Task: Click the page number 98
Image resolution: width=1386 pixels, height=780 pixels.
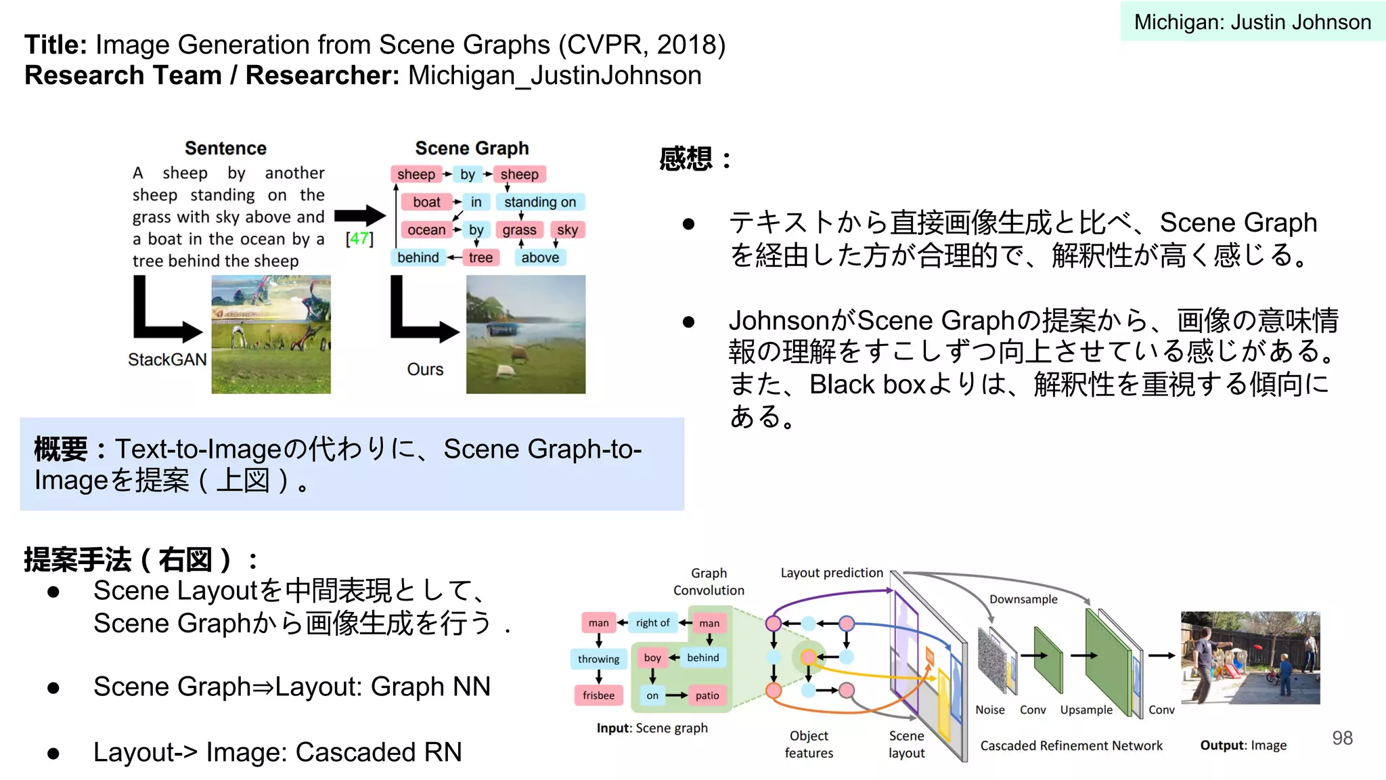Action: click(x=1342, y=738)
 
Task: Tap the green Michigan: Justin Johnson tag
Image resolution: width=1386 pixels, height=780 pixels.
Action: click(x=1252, y=22)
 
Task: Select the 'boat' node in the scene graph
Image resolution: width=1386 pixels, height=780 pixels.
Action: click(x=426, y=202)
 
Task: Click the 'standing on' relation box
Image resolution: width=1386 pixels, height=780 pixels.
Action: click(x=539, y=202)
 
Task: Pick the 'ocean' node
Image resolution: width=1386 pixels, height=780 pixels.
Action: click(x=426, y=230)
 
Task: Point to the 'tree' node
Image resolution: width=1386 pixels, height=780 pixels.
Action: click(x=480, y=258)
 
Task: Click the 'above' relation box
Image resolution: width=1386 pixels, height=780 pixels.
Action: click(x=540, y=258)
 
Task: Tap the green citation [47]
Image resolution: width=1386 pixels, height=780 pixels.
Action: click(x=359, y=238)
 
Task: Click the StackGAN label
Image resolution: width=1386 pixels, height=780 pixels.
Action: click(x=167, y=360)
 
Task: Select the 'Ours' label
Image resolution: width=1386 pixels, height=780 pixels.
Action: click(x=425, y=369)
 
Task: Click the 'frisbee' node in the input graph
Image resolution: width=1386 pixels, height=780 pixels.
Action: click(x=598, y=695)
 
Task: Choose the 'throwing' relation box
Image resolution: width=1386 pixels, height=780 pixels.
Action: click(x=598, y=659)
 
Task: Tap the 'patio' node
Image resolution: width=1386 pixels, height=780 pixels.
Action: click(x=707, y=695)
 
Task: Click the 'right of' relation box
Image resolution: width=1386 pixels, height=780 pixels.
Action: click(x=652, y=623)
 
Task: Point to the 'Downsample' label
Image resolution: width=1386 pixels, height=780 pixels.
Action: click(x=1023, y=599)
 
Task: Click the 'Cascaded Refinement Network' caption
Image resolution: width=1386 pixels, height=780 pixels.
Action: click(x=1071, y=745)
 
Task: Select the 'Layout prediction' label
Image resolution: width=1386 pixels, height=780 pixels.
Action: click(x=832, y=573)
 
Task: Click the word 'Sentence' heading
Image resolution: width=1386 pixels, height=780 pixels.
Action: click(x=225, y=148)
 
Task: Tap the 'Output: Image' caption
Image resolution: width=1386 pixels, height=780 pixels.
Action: click(x=1243, y=745)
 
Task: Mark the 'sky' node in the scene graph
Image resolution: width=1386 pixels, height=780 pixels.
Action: click(x=567, y=230)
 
